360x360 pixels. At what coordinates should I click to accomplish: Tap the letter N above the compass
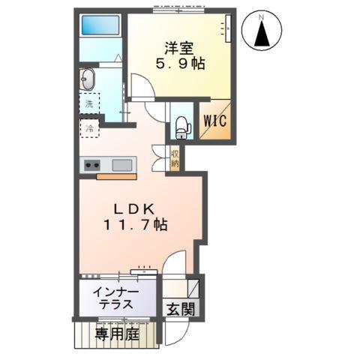pyautogui.click(x=262, y=14)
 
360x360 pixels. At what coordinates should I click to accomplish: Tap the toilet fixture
pyautogui.click(x=180, y=128)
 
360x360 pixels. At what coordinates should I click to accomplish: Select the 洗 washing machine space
pyautogui.click(x=89, y=103)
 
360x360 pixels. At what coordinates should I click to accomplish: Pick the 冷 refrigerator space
pyautogui.click(x=89, y=128)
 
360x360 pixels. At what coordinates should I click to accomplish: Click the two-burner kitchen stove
pyautogui.click(x=93, y=166)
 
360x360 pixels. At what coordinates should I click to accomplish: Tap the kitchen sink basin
pyautogui.click(x=123, y=165)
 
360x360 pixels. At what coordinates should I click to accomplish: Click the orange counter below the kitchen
pyautogui.click(x=115, y=177)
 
